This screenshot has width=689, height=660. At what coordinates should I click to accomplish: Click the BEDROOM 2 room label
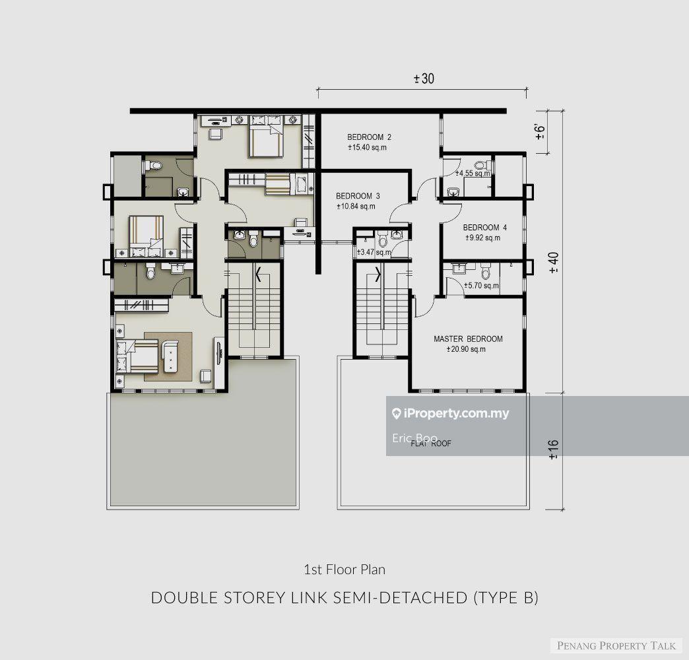(369, 137)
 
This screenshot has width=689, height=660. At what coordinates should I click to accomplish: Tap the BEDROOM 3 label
(358, 196)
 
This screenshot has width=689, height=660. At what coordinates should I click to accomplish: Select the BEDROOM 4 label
(484, 228)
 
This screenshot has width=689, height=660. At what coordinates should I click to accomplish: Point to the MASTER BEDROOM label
(468, 339)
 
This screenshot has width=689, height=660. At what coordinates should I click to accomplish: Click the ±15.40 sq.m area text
(366, 148)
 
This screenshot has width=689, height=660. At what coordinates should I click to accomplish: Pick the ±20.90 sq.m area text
(465, 349)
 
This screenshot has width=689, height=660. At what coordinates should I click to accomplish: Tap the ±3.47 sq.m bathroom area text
(372, 253)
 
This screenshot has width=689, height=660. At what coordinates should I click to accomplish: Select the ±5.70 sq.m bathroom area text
(481, 286)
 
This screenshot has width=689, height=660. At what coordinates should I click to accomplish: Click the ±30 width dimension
(424, 79)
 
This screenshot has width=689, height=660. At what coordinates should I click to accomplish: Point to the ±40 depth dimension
(554, 263)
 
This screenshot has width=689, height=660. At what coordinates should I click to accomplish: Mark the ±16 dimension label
(554, 448)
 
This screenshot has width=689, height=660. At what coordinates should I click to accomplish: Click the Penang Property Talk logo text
(616, 645)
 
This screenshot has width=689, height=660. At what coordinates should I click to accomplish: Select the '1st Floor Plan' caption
(344, 568)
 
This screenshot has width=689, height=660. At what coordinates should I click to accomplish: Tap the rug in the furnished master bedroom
(168, 356)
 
